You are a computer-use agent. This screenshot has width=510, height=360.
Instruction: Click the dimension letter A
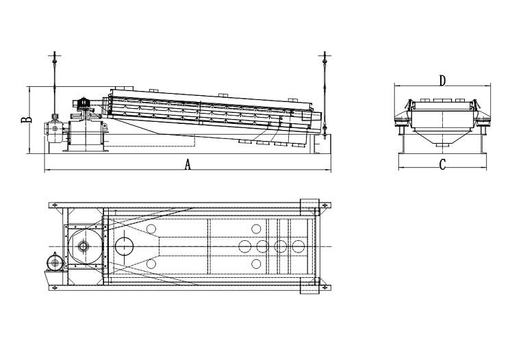pos(188,164)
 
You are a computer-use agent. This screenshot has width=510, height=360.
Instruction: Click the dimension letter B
pos(27,120)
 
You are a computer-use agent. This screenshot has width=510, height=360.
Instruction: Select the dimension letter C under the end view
pos(442,164)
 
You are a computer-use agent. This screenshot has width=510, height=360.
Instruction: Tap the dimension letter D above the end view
pos(442,81)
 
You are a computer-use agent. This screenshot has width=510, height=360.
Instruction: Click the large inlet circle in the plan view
pos(124,246)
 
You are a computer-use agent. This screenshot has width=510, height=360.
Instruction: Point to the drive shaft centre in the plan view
pos(84,246)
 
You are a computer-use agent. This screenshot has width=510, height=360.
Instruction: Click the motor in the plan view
pos(55,262)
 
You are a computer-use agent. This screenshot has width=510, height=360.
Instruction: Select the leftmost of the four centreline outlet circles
pos(244,246)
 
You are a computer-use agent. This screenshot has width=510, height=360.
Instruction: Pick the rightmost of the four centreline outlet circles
pos(298,246)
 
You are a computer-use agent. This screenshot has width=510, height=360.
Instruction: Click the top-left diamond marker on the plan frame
pos(55,205)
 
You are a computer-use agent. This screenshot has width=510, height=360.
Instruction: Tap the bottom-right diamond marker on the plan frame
pos(324,287)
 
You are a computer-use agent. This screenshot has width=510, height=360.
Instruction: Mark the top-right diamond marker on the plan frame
pos(324,205)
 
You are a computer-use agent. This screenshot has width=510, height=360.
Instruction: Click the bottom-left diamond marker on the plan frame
pos(55,287)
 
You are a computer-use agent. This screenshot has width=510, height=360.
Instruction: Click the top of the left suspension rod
pos(55,52)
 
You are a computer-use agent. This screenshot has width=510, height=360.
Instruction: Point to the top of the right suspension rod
pos(324,52)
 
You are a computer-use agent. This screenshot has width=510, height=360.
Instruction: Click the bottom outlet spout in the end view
pos(442,144)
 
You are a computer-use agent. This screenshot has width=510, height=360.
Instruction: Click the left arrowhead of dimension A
pos(45,170)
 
